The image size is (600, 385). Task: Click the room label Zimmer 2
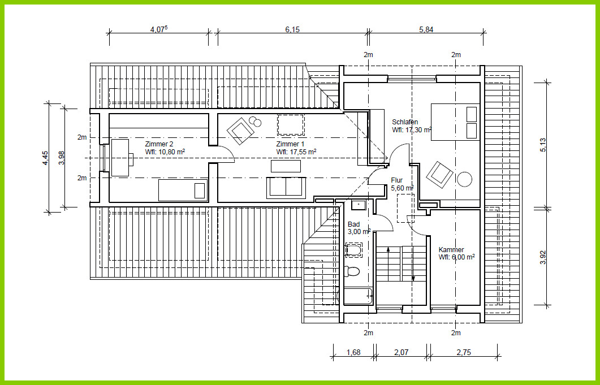(x=159, y=144)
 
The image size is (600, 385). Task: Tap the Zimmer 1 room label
(x=291, y=144)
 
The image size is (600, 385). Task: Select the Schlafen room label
(x=405, y=122)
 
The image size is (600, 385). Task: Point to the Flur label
(x=397, y=180)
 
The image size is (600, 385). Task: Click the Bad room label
(x=353, y=224)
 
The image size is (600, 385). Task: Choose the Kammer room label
(x=451, y=249)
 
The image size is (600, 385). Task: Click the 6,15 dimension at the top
(x=292, y=29)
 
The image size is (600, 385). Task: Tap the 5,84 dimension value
(x=426, y=29)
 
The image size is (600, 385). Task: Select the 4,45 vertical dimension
(x=46, y=158)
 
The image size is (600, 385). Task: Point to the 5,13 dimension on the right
(x=543, y=145)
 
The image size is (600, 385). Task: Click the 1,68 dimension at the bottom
(x=353, y=352)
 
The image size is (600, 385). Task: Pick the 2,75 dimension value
(x=463, y=352)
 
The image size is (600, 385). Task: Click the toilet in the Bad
(x=352, y=271)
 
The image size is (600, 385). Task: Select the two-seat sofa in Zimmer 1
(x=286, y=188)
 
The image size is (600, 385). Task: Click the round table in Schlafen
(x=464, y=179)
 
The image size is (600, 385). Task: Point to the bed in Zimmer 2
(x=183, y=190)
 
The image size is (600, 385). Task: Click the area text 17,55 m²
(x=303, y=152)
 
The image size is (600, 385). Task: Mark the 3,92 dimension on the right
(x=543, y=257)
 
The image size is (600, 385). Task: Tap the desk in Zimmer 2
(x=120, y=158)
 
